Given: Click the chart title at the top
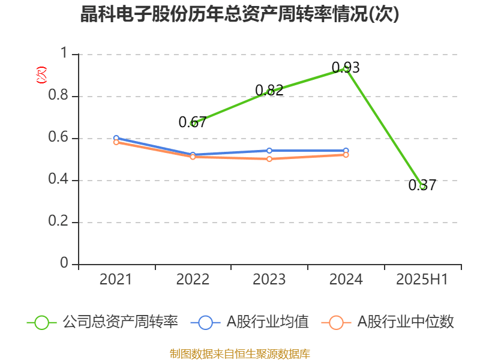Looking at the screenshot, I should point(240,14).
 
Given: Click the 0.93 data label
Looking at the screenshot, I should point(346,67).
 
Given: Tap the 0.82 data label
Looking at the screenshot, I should point(269,90).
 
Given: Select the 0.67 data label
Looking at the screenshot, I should point(192,122).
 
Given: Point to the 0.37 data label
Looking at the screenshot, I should point(422,185).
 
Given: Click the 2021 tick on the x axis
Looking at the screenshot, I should point(116,279).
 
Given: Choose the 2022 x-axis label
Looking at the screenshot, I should point(193,279).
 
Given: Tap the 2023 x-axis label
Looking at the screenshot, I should point(269,279).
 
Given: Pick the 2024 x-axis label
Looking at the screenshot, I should point(346,279).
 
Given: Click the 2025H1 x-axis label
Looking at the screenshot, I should point(422,279).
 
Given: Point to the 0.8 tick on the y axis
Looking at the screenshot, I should point(59,97).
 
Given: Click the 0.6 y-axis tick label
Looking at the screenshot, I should point(59,139).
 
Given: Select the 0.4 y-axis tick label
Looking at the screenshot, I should point(59,181).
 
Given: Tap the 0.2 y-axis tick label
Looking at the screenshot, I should point(59,223).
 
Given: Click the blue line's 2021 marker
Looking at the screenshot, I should point(116,138).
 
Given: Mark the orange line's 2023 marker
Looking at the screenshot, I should point(269,159).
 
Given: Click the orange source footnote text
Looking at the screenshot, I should point(240,353).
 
